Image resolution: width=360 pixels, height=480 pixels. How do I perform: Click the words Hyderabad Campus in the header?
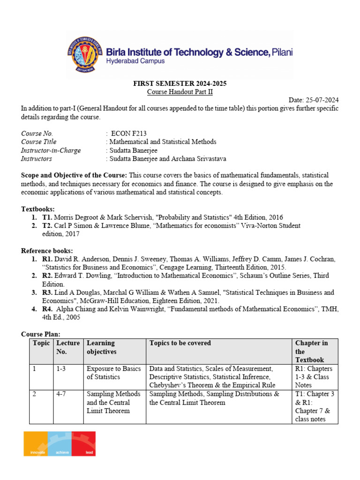135,61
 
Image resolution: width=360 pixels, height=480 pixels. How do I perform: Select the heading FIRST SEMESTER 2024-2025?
180,83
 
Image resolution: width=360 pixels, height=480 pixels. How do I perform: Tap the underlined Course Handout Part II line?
180,92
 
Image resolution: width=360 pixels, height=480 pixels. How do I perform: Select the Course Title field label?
39,142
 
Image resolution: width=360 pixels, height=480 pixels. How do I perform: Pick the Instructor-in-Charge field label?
51,150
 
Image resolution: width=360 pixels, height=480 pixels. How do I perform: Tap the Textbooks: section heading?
38,209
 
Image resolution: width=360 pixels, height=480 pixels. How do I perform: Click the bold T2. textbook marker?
47,225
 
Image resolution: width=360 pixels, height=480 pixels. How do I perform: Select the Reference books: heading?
47,251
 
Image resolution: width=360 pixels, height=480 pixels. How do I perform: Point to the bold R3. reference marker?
47,292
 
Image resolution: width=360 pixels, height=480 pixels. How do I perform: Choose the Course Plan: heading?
41,334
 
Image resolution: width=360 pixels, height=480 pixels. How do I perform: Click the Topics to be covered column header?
180,343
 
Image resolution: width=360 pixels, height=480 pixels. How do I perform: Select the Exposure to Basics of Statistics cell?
113,373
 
